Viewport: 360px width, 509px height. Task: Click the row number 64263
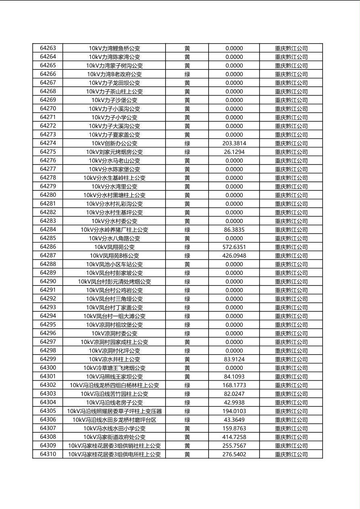(x=48, y=48)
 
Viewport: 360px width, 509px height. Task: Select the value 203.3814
(x=234, y=143)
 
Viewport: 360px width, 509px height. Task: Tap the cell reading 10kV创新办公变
(x=114, y=143)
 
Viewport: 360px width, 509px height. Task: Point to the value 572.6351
(x=234, y=247)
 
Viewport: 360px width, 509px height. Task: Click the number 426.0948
(x=234, y=256)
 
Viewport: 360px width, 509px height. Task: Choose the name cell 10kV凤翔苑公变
(x=114, y=247)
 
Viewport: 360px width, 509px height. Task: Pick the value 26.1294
(x=234, y=152)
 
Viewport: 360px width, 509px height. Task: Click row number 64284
(x=48, y=229)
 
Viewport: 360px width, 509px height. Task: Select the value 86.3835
(x=234, y=229)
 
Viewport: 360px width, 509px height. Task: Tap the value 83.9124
(x=234, y=359)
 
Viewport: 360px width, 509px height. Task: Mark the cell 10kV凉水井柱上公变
(x=114, y=359)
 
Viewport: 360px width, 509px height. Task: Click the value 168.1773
(x=234, y=385)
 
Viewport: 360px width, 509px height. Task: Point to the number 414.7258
(x=234, y=437)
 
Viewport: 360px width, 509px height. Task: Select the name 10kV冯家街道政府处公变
(x=114, y=437)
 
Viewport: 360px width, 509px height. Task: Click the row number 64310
(x=48, y=454)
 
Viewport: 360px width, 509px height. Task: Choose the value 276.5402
(x=234, y=454)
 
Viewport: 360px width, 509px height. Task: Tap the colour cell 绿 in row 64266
(x=187, y=74)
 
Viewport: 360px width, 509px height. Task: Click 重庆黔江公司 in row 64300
(x=291, y=368)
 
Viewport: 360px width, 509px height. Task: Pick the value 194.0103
(x=234, y=411)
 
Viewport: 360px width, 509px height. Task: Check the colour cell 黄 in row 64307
(x=187, y=428)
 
